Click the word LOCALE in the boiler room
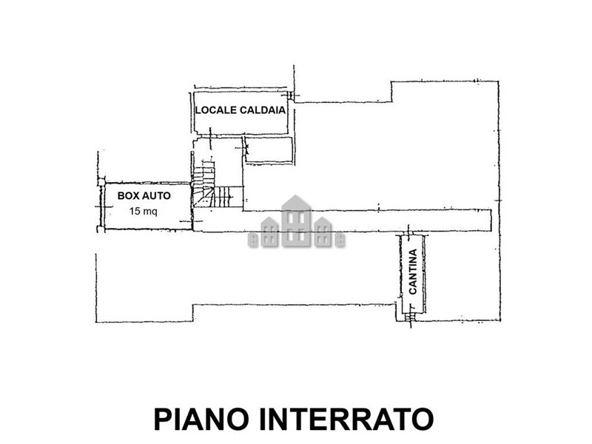click(x=216, y=110)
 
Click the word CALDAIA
click(x=263, y=110)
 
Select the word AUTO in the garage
click(x=156, y=195)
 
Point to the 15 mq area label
click(x=143, y=212)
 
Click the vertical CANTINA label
click(x=413, y=272)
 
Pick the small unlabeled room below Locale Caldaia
click(x=269, y=150)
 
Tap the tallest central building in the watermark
click(x=296, y=221)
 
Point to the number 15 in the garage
click(x=135, y=211)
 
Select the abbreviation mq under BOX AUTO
click(x=150, y=212)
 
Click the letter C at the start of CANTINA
click(x=413, y=291)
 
